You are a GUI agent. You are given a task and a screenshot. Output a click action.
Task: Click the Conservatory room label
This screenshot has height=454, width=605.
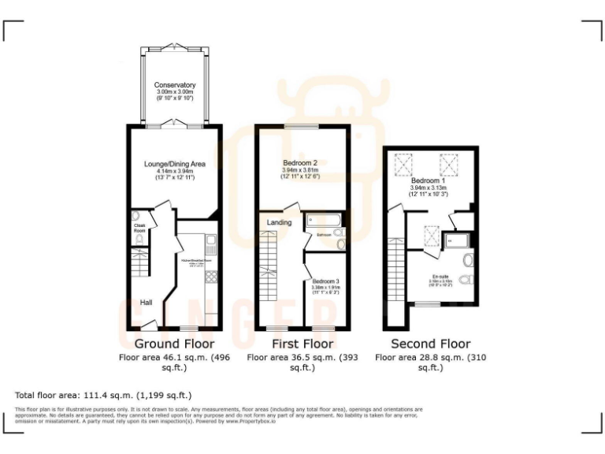[x=175, y=85]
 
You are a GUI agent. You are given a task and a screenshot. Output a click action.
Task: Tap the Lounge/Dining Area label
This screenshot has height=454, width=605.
[x=174, y=164]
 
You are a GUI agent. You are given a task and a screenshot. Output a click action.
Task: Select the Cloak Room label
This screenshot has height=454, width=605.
[x=139, y=229]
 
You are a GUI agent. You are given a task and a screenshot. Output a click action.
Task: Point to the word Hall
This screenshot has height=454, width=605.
[x=147, y=302]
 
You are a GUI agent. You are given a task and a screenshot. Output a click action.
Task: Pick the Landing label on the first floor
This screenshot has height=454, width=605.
[x=279, y=222]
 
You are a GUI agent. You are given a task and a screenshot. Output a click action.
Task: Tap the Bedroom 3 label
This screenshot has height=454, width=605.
[x=325, y=281]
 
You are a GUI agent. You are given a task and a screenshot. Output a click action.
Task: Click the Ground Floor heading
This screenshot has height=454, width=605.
[x=174, y=344]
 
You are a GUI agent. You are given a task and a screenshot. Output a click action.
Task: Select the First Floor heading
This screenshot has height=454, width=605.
[x=302, y=344]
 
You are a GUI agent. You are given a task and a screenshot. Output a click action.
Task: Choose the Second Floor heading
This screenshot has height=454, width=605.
[x=431, y=344]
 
